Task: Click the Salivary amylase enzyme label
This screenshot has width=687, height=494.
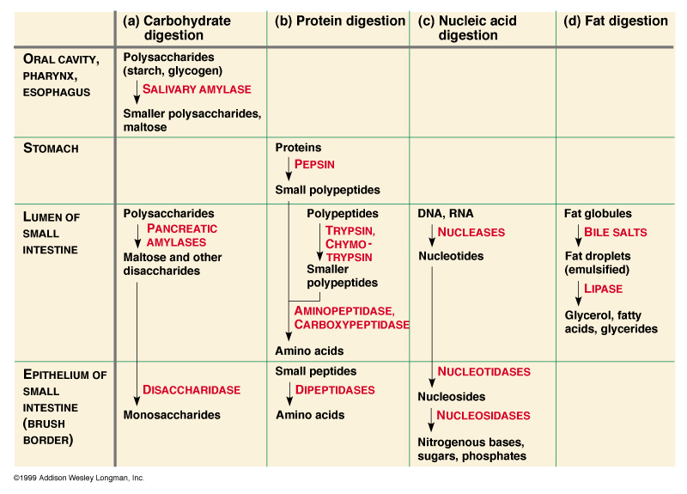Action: click(x=197, y=89)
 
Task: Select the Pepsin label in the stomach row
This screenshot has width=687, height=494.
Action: click(x=314, y=163)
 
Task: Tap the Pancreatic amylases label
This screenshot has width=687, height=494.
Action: click(x=182, y=235)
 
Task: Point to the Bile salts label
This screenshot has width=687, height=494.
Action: click(x=615, y=232)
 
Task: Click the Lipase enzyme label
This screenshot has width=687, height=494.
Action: click(x=603, y=289)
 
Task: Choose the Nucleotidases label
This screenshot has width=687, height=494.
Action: click(x=483, y=371)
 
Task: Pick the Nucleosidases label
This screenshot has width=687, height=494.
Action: click(x=483, y=415)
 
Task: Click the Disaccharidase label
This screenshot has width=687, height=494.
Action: click(x=191, y=389)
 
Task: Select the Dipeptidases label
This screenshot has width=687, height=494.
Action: click(x=335, y=389)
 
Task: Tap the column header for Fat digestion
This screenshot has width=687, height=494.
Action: click(x=616, y=21)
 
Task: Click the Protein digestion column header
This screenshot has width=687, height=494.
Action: click(x=340, y=21)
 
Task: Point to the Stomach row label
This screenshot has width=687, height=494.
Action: click(x=51, y=149)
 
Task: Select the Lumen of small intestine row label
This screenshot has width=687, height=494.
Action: click(x=52, y=234)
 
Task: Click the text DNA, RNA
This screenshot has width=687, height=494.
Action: click(x=445, y=213)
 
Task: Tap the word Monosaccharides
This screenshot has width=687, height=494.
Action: click(x=172, y=415)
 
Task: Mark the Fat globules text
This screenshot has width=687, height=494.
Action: click(x=598, y=213)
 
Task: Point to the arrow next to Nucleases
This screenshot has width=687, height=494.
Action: click(x=432, y=234)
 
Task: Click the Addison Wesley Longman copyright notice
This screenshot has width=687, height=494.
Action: click(x=78, y=478)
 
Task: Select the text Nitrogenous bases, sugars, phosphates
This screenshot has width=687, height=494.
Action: click(x=471, y=448)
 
